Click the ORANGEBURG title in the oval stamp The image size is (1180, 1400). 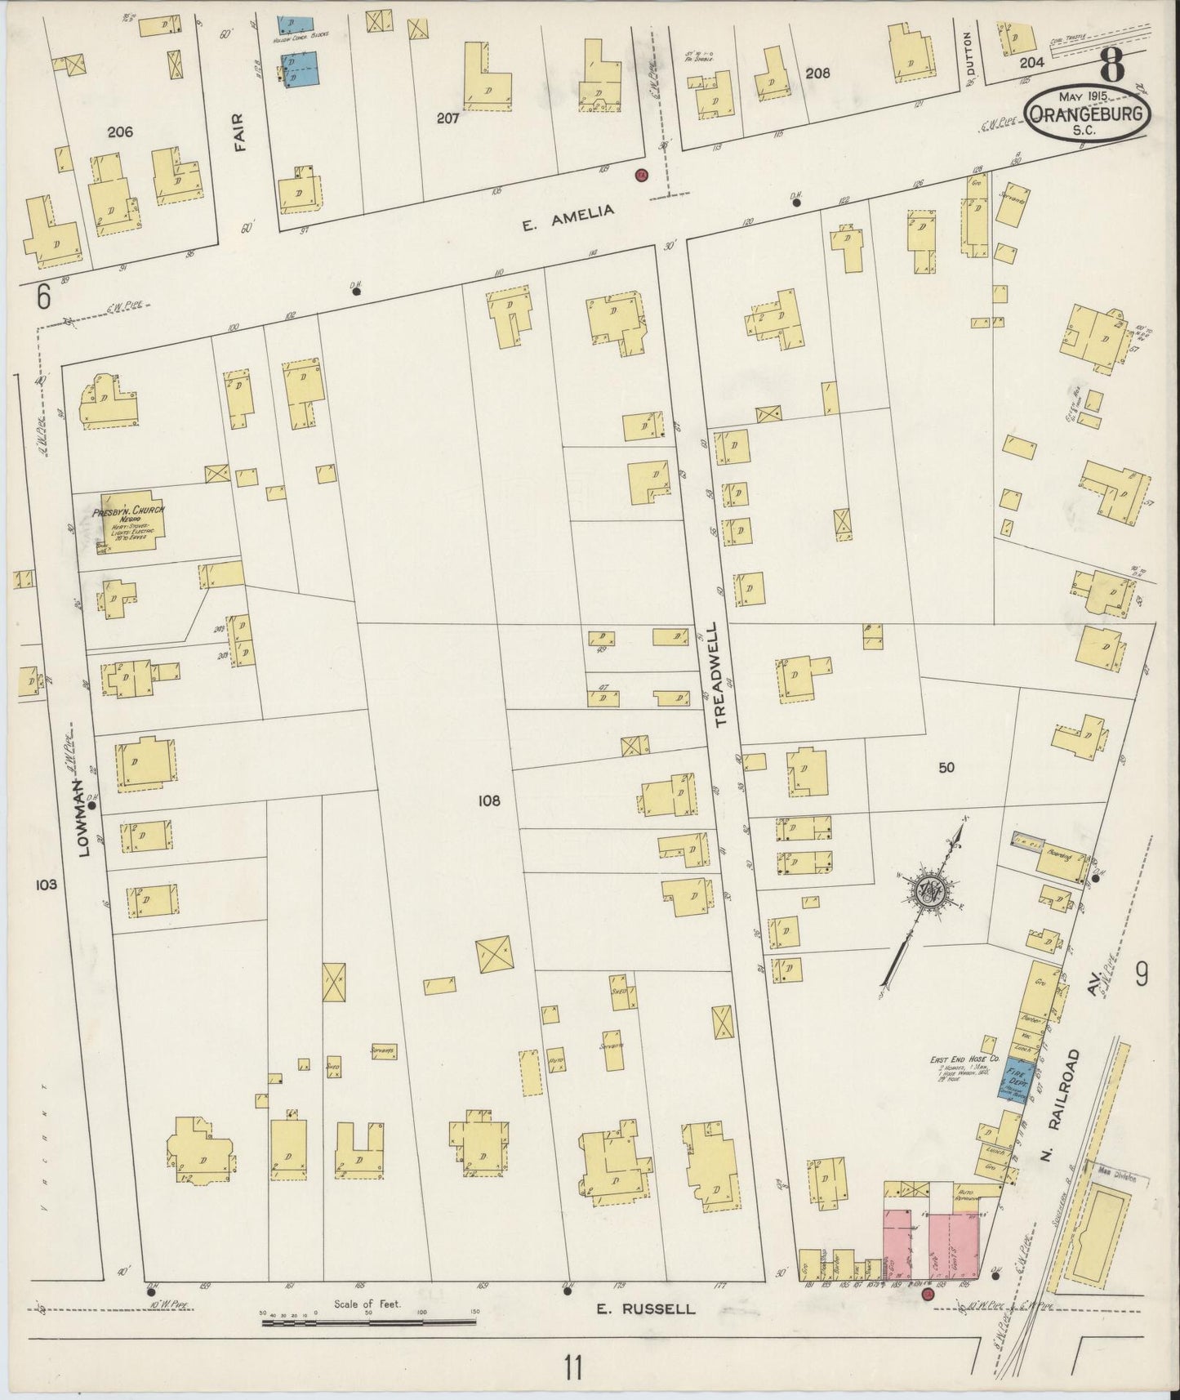1087,114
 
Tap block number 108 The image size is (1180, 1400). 489,801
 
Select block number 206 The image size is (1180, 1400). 119,132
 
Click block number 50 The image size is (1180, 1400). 946,768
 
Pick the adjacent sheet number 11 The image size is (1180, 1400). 573,1367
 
